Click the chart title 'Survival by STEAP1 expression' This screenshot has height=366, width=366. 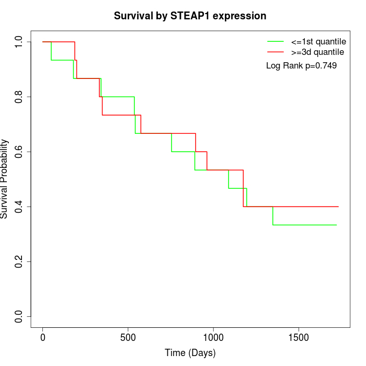click(190, 16)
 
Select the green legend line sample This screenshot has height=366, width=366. click(276, 41)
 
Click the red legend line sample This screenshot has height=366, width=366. click(276, 52)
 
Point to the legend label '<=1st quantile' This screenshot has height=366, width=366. click(318, 41)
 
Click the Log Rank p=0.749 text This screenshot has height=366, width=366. click(301, 65)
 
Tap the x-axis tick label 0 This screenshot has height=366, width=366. click(43, 337)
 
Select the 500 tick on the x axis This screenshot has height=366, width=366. click(128, 337)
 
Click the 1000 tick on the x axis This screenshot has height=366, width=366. click(213, 337)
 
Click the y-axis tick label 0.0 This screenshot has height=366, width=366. click(19, 316)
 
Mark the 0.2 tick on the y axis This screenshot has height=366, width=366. click(19, 261)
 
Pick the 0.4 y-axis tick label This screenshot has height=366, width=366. click(19, 207)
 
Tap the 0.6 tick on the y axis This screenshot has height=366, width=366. click(19, 152)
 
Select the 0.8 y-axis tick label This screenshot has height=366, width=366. click(19, 97)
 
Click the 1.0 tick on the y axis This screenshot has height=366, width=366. click(19, 42)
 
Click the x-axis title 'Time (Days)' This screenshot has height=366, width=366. click(190, 353)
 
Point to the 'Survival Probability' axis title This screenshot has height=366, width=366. click(5, 179)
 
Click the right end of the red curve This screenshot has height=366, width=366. click(338, 207)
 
